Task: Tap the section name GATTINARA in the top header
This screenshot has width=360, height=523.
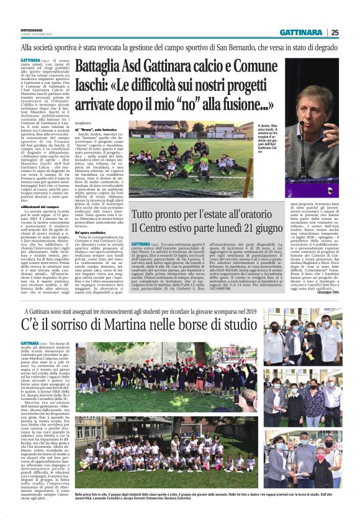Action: coord(301,32)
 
